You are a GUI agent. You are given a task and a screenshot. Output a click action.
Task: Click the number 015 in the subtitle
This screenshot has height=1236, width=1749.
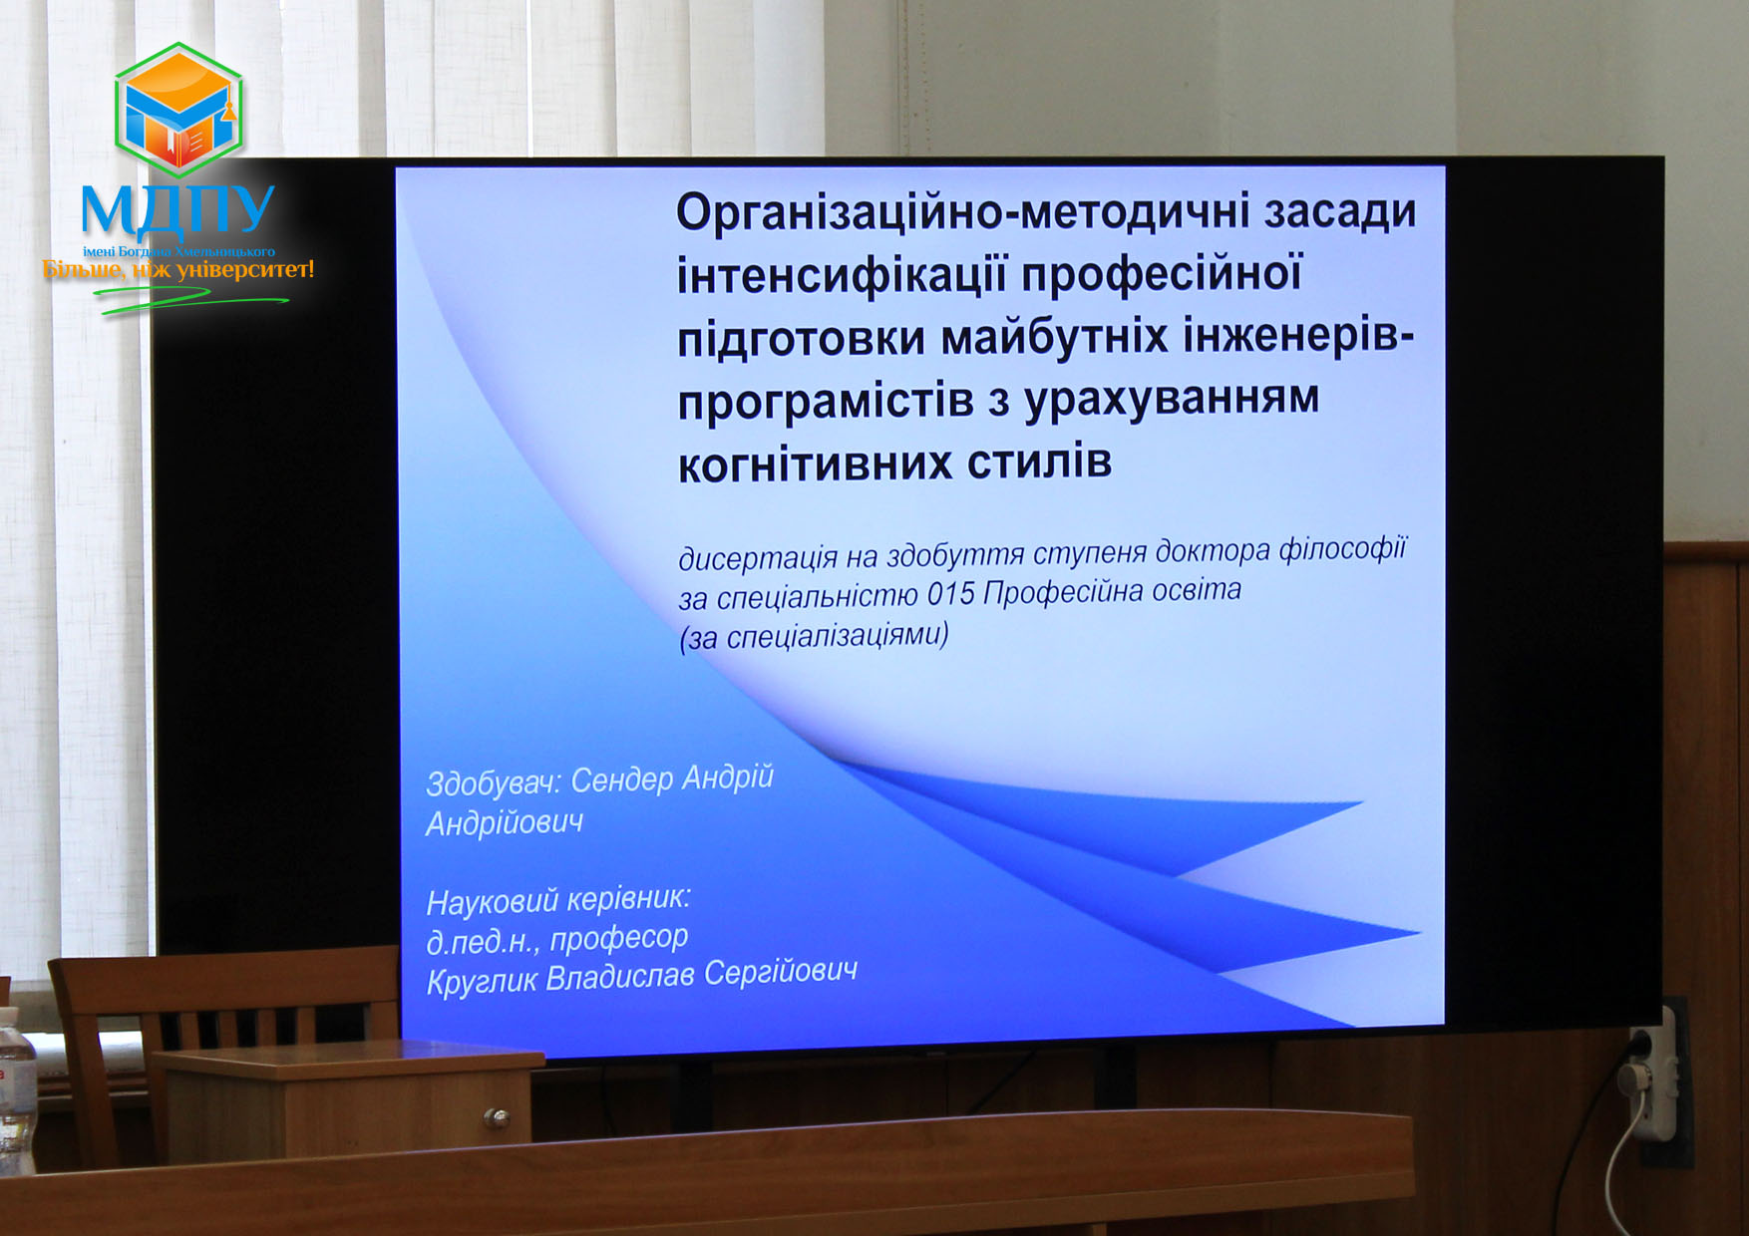point(950,595)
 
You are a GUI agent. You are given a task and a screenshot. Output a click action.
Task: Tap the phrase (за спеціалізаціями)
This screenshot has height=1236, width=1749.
point(814,636)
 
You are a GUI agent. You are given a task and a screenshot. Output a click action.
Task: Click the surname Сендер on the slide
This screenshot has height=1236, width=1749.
point(622,780)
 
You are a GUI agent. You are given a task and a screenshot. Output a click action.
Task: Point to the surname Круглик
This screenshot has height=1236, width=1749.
point(483,982)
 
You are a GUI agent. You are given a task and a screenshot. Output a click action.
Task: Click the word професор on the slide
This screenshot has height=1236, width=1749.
point(618,938)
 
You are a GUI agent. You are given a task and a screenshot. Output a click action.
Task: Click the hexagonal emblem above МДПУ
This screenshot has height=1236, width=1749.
point(178,109)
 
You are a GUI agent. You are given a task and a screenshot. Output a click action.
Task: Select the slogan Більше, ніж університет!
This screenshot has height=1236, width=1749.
point(178,269)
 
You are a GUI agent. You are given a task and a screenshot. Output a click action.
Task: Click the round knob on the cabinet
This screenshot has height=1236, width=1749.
point(495,1116)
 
